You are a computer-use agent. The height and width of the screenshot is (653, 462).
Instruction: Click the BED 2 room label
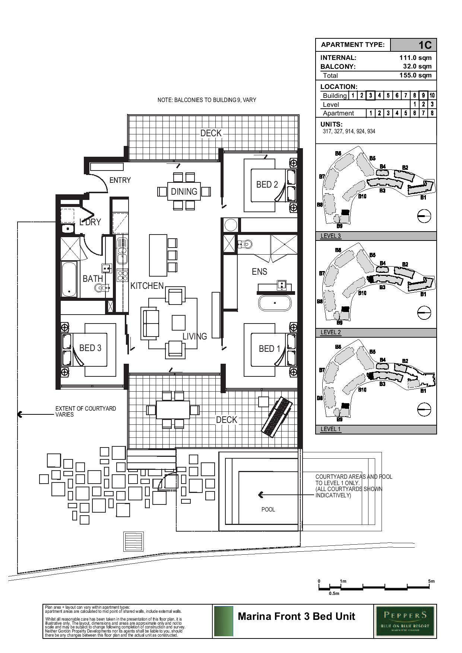(x=267, y=185)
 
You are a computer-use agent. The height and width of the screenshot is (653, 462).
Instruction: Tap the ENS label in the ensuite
(x=259, y=272)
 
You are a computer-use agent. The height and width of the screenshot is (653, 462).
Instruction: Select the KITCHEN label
(x=147, y=286)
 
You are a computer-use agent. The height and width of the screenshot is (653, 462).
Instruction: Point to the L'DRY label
(x=90, y=222)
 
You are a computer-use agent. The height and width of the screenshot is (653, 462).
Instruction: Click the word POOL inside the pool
(x=268, y=509)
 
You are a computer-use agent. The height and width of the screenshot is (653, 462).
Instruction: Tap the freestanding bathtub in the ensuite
(x=275, y=303)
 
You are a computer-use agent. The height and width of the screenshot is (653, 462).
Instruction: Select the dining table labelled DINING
(x=184, y=191)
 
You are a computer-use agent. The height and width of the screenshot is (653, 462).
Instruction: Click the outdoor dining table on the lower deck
(x=173, y=410)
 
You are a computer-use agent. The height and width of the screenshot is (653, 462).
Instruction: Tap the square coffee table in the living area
(x=178, y=322)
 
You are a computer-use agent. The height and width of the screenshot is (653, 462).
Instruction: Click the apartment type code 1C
(x=425, y=45)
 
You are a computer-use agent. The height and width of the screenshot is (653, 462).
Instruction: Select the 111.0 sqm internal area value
(x=415, y=58)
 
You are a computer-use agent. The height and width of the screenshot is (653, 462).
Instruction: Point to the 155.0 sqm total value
(x=415, y=75)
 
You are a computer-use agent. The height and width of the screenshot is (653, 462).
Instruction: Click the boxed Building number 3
(x=370, y=95)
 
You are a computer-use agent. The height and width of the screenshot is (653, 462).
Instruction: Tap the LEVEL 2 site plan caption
(x=330, y=332)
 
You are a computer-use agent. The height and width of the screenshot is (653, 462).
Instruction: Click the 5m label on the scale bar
(x=431, y=581)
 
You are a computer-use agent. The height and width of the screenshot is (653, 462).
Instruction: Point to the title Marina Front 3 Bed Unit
(x=296, y=617)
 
